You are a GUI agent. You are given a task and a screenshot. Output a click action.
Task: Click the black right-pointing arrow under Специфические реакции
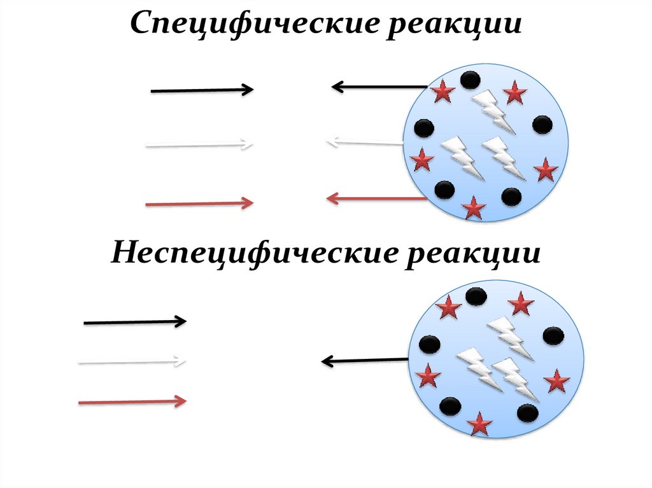[x=202, y=90]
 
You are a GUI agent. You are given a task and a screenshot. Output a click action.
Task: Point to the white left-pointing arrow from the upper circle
[x=364, y=142]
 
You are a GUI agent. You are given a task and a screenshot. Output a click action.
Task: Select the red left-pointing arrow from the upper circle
[x=376, y=199]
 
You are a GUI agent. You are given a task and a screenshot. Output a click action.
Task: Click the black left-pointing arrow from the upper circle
[x=379, y=87]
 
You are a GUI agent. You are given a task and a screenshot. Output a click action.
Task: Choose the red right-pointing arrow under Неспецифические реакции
[x=132, y=401]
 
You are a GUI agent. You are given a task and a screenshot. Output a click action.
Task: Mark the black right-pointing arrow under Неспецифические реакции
[x=135, y=322]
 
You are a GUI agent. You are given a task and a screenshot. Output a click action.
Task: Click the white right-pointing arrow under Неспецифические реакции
[x=132, y=362]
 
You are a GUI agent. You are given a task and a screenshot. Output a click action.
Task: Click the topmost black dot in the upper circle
[x=471, y=80]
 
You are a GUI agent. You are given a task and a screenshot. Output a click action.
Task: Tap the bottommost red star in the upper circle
[x=473, y=208]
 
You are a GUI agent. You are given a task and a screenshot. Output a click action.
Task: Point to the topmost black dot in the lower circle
[x=476, y=296]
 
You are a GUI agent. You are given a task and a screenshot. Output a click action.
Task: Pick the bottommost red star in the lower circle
[x=479, y=424]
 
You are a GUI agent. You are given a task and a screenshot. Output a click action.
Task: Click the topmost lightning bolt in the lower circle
[x=509, y=335]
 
